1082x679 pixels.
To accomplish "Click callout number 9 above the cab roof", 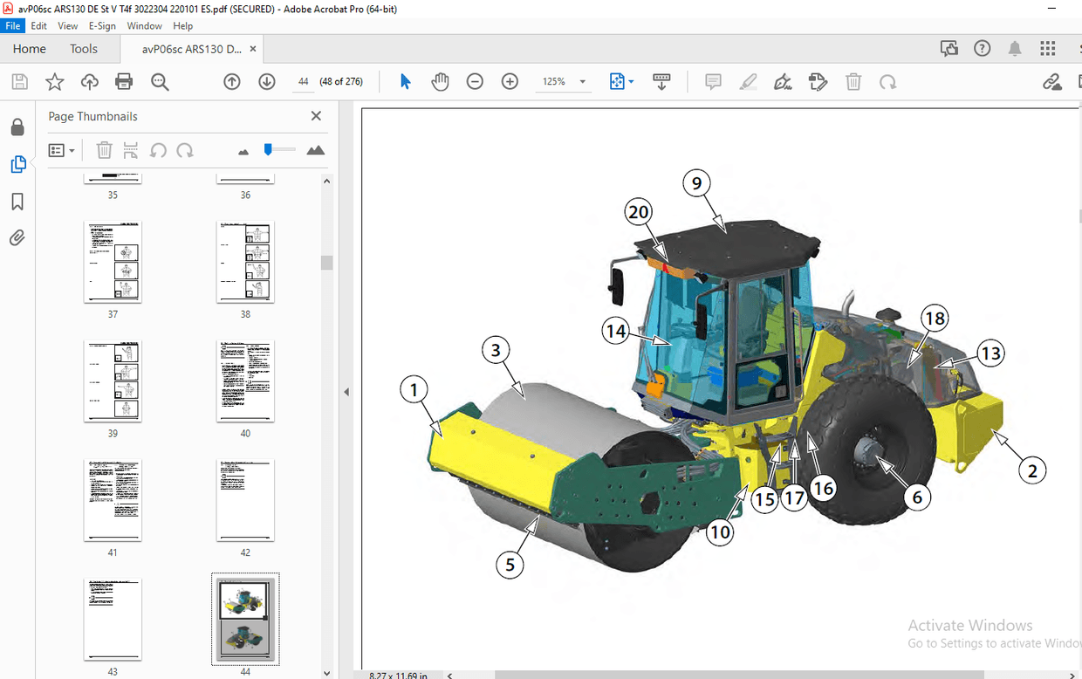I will pos(696,183).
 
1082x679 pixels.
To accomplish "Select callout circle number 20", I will pos(639,212).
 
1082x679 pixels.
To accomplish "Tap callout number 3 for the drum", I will pos(496,351).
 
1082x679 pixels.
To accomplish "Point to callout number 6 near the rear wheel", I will pos(916,497).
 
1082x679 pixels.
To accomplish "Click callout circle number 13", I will pos(990,353).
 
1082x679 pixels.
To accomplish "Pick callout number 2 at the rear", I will pos(1032,471).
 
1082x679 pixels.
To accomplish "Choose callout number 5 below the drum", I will pos(510,564).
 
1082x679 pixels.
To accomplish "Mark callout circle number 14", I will pos(616,332).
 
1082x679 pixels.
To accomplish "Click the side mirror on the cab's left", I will pos(618,282).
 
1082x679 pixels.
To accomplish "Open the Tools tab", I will pos(84,49).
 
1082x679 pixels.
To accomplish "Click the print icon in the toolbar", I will pos(124,82).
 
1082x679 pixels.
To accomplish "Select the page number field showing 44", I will pos(303,82).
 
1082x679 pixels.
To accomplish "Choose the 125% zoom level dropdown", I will pos(563,82).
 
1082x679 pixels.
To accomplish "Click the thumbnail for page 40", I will pos(245,381).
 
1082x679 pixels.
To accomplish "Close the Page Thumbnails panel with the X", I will pos(316,116).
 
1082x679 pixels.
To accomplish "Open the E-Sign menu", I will pos(102,26).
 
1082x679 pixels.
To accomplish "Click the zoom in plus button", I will pos(510,82).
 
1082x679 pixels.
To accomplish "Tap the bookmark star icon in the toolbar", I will pos(54,82).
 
